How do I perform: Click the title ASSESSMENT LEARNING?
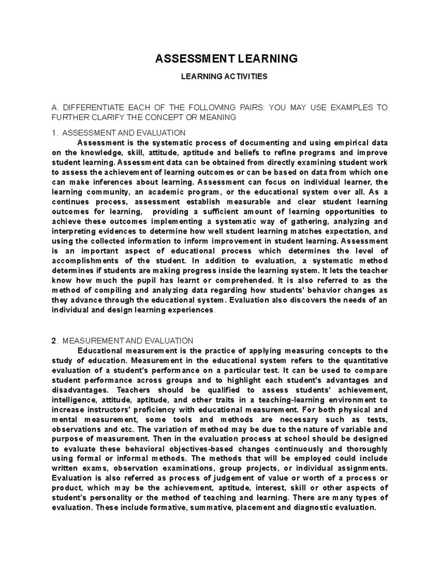coord(226,59)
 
